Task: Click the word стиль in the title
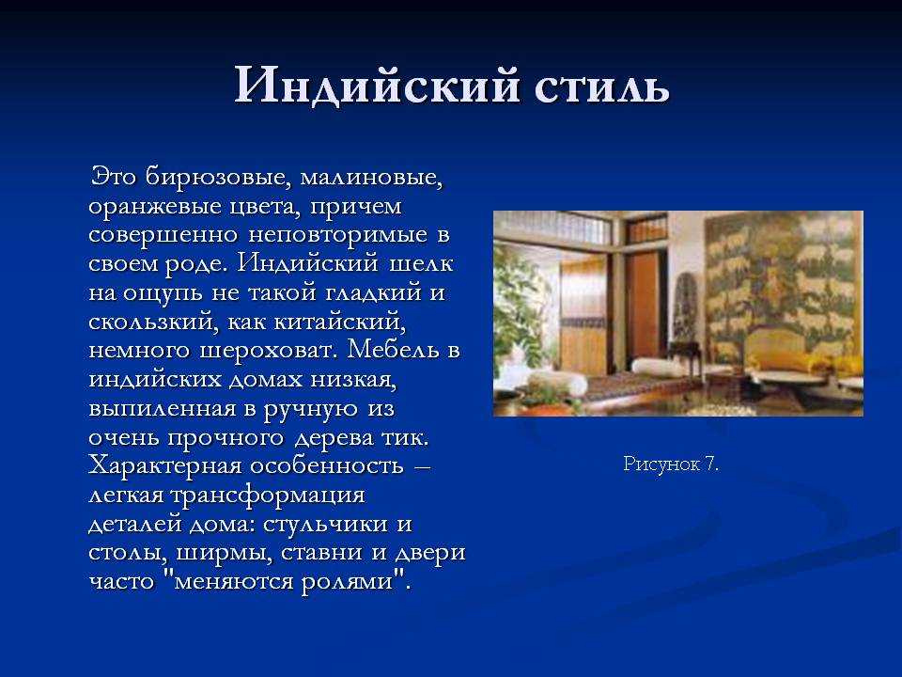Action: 602,86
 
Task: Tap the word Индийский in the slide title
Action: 376,86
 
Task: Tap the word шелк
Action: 422,263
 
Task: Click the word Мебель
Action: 393,350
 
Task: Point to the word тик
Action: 406,437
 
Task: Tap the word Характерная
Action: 164,465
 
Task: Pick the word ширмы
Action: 219,553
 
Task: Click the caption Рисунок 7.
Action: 671,464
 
